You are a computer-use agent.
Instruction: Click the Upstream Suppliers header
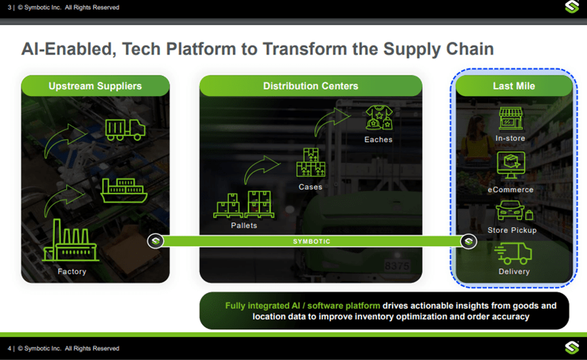coord(95,86)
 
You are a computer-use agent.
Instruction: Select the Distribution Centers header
coord(310,86)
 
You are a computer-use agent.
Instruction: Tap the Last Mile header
coord(514,86)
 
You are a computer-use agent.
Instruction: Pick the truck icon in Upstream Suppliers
coord(124,129)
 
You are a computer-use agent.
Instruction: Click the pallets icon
coord(244,205)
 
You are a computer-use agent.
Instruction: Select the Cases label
coord(310,187)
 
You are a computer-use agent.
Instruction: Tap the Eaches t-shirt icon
coord(378,118)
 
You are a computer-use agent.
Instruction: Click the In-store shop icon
coord(511,118)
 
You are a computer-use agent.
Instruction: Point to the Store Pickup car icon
coord(511,210)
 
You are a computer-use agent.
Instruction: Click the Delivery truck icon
coord(513,253)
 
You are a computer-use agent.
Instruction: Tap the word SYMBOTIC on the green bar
coord(312,242)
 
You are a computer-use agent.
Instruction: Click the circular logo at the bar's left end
coord(156,241)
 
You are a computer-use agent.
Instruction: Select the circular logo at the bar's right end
coord(469,241)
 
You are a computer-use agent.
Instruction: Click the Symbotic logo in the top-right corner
coord(572,8)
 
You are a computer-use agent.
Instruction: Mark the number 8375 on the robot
coord(397,265)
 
